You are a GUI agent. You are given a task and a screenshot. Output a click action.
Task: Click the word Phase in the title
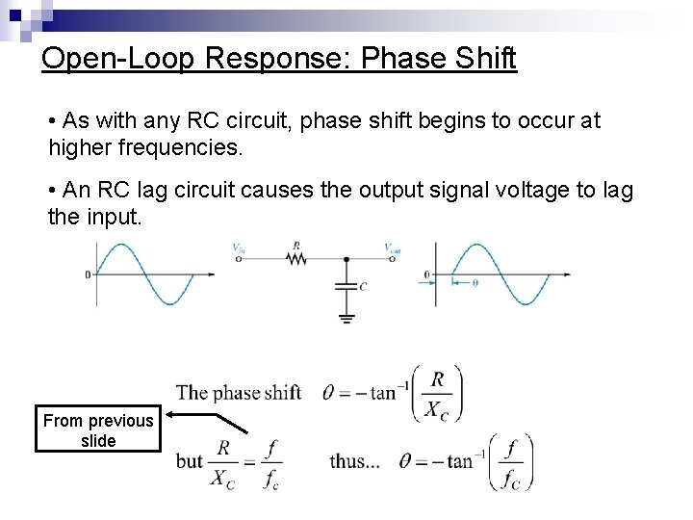click(x=398, y=58)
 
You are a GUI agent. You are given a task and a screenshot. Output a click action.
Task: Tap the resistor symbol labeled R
click(x=296, y=259)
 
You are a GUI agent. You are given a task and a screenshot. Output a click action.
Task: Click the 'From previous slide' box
click(x=98, y=429)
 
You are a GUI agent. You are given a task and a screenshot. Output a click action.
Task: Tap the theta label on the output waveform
click(x=475, y=282)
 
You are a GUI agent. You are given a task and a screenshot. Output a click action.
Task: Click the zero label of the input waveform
click(x=88, y=274)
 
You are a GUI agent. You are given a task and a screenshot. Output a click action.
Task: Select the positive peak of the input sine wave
click(x=119, y=247)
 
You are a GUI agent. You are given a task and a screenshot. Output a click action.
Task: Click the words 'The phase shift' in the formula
click(x=238, y=392)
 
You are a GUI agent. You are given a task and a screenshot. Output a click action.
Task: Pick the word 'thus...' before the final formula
click(x=354, y=461)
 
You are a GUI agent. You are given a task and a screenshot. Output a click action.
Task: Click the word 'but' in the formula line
click(x=189, y=461)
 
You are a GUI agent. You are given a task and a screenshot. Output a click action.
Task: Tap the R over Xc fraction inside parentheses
click(x=437, y=393)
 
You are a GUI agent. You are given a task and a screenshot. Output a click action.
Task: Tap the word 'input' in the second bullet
click(x=116, y=218)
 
